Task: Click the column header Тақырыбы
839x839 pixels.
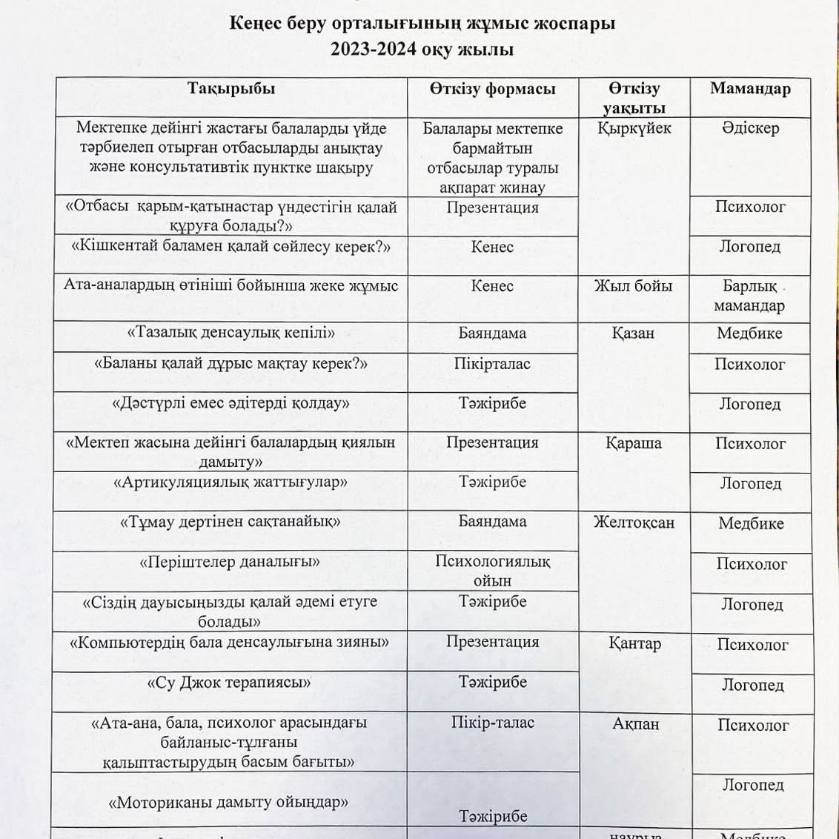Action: tap(231, 89)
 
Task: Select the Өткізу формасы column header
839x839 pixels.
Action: tap(492, 89)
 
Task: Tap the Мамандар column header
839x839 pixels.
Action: tap(750, 89)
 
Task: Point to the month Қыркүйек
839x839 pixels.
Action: tap(634, 128)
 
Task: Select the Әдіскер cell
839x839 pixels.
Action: tap(750, 128)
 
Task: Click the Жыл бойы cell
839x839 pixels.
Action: tap(633, 286)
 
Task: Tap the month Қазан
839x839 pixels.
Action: tap(633, 334)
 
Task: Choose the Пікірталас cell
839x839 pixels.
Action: tap(492, 364)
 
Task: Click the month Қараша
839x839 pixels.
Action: tap(633, 443)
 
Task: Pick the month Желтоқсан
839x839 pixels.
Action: tap(634, 523)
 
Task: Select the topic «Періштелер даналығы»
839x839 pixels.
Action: tap(230, 563)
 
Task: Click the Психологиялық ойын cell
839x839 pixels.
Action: tap(492, 571)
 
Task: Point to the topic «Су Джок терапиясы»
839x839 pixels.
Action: tap(230, 683)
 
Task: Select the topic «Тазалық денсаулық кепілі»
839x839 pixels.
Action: tap(231, 333)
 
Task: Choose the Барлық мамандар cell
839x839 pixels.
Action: tap(749, 296)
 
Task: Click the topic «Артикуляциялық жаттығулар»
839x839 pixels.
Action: tap(231, 482)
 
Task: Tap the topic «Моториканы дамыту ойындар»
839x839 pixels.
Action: tap(228, 802)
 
